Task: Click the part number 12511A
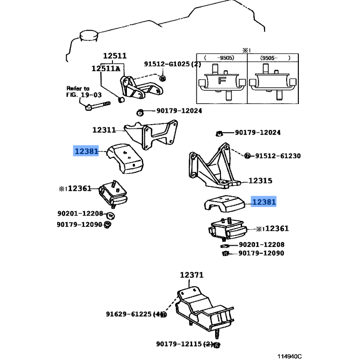click(x=106, y=68)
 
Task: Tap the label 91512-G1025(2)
click(x=173, y=64)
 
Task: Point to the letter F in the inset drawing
click(x=221, y=81)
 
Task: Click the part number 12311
click(x=104, y=130)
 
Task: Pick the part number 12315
click(x=260, y=181)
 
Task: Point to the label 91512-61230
click(x=278, y=156)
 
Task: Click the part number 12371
click(x=192, y=275)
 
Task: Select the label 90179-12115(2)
click(x=184, y=344)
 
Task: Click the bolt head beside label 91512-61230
click(x=247, y=156)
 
